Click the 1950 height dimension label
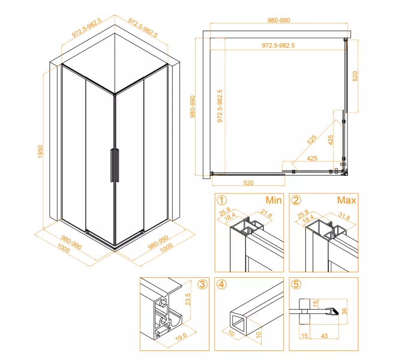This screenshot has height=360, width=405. pyautogui.click(x=40, y=152)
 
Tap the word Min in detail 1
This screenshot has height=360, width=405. pyautogui.click(x=274, y=200)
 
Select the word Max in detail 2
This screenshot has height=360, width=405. pyautogui.click(x=346, y=200)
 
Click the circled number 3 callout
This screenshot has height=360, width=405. pyautogui.click(x=202, y=284)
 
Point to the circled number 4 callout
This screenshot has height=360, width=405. pyautogui.click(x=221, y=284)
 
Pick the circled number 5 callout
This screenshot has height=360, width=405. pyautogui.click(x=296, y=284)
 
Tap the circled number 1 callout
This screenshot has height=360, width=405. pyautogui.click(x=221, y=200)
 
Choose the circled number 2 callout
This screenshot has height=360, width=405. pyautogui.click(x=296, y=200)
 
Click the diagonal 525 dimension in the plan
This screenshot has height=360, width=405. pyautogui.click(x=312, y=139)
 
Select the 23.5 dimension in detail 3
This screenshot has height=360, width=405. pyautogui.click(x=188, y=299)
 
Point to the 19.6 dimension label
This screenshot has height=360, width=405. pyautogui.click(x=181, y=337)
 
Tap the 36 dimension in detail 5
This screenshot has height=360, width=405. pyautogui.click(x=344, y=311)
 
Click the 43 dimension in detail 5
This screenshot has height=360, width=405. pyautogui.click(x=324, y=336)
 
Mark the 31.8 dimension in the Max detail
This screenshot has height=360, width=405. pyautogui.click(x=344, y=216)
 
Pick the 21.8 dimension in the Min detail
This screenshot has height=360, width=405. pyautogui.click(x=266, y=214)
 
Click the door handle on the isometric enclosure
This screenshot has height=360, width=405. pyautogui.click(x=115, y=165)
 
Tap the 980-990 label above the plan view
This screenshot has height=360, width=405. pyautogui.click(x=278, y=20)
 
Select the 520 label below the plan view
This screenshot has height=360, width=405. pyautogui.click(x=248, y=183)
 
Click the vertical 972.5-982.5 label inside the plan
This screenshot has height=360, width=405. pyautogui.click(x=220, y=106)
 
